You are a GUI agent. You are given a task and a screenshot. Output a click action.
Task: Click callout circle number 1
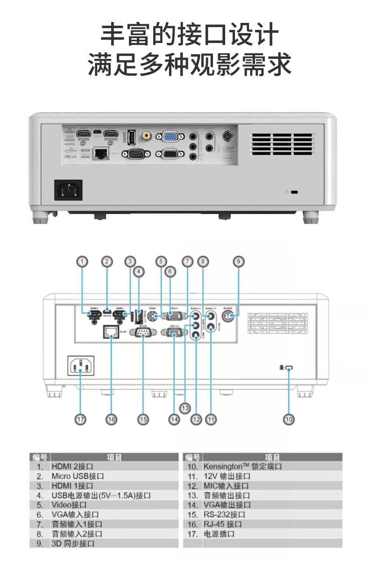tap(82, 262)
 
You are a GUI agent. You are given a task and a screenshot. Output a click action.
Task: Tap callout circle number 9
tap(238, 262)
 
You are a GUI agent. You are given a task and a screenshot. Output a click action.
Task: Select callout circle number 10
tap(289, 419)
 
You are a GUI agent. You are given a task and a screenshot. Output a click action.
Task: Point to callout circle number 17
tap(81, 419)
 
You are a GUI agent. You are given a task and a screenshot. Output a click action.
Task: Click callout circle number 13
tap(185, 408)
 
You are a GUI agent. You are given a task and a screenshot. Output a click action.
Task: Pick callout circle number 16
tap(111, 419)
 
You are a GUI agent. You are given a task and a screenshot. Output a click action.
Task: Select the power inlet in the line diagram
tap(81, 365)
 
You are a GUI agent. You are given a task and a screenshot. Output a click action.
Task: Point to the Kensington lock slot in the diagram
tap(289, 369)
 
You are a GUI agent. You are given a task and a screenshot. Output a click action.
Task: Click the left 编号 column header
tap(40, 457)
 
